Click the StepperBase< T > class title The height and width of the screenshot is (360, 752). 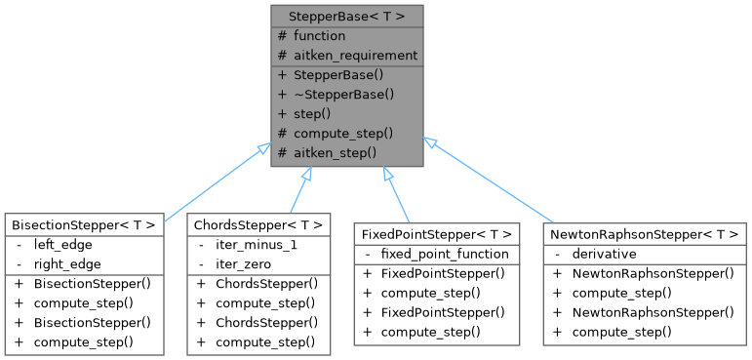pyautogui.click(x=347, y=17)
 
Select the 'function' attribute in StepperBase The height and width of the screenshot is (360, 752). pyautogui.click(x=312, y=36)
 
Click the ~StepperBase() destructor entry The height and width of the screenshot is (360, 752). pyautogui.click(x=343, y=95)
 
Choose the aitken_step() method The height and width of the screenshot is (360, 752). pyautogui.click(x=335, y=153)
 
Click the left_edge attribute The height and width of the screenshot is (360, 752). pyautogui.click(x=60, y=245)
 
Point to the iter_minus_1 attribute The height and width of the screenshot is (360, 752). pyautogui.click(x=256, y=245)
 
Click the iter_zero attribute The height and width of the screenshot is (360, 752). pyautogui.click(x=244, y=264)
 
